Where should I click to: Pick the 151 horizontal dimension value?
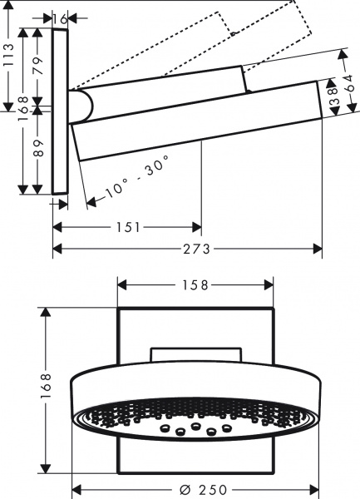pyautogui.click(x=127, y=226)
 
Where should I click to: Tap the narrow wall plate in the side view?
pyautogui.click(x=60, y=112)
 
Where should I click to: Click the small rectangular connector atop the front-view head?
pyautogui.click(x=196, y=357)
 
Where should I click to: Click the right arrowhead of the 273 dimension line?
pyautogui.click(x=318, y=248)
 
